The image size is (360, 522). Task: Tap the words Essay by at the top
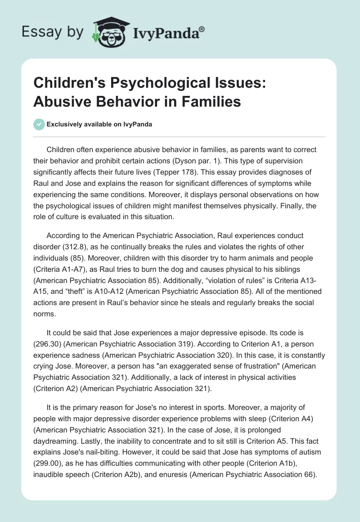(52, 32)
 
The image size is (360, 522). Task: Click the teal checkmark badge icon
(40, 124)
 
